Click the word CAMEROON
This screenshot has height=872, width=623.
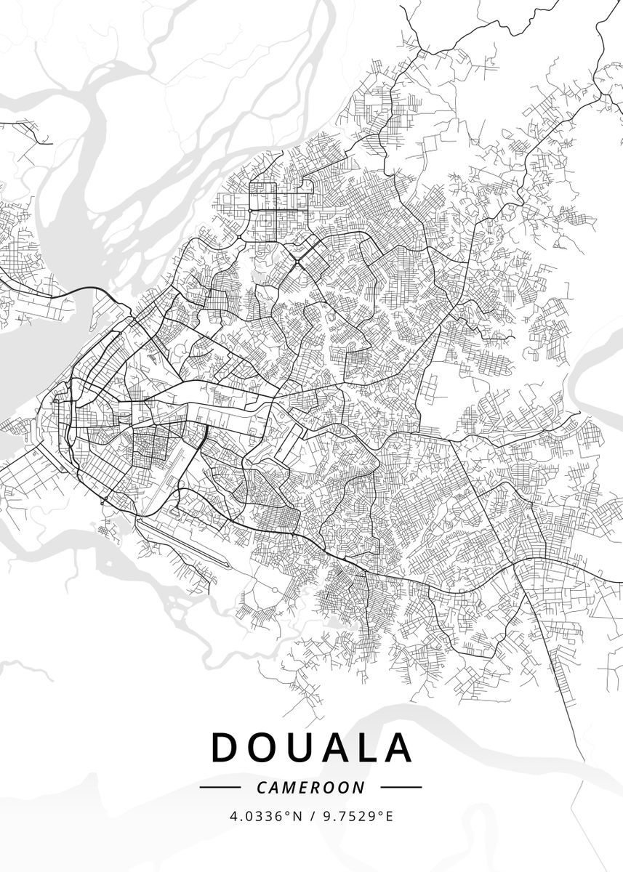[311, 787]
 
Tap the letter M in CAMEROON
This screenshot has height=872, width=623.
[284, 787]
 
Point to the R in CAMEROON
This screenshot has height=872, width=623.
[323, 787]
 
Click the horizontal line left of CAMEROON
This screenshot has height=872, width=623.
[220, 787]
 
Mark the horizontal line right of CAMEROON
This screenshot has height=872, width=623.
[401, 787]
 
